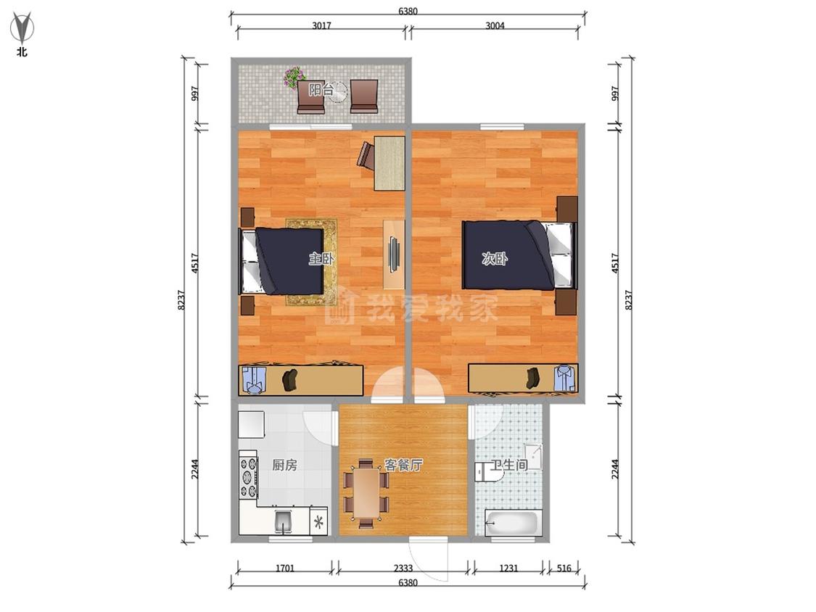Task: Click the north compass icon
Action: (x=21, y=28)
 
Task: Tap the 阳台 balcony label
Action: (x=321, y=89)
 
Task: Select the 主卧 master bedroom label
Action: (x=321, y=258)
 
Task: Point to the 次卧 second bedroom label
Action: (x=495, y=258)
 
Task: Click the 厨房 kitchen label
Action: (x=284, y=465)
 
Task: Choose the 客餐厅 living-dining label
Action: (x=403, y=465)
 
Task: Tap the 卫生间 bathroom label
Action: (x=509, y=465)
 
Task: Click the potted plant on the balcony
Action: (x=294, y=77)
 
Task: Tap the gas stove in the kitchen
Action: (x=248, y=476)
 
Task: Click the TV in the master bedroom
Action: (x=394, y=254)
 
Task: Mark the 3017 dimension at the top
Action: (x=321, y=25)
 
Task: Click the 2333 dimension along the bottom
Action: (x=403, y=568)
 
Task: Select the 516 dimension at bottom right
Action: (x=564, y=568)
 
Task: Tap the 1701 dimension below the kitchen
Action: (x=285, y=568)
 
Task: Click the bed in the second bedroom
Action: (x=520, y=255)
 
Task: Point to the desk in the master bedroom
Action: (x=390, y=163)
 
